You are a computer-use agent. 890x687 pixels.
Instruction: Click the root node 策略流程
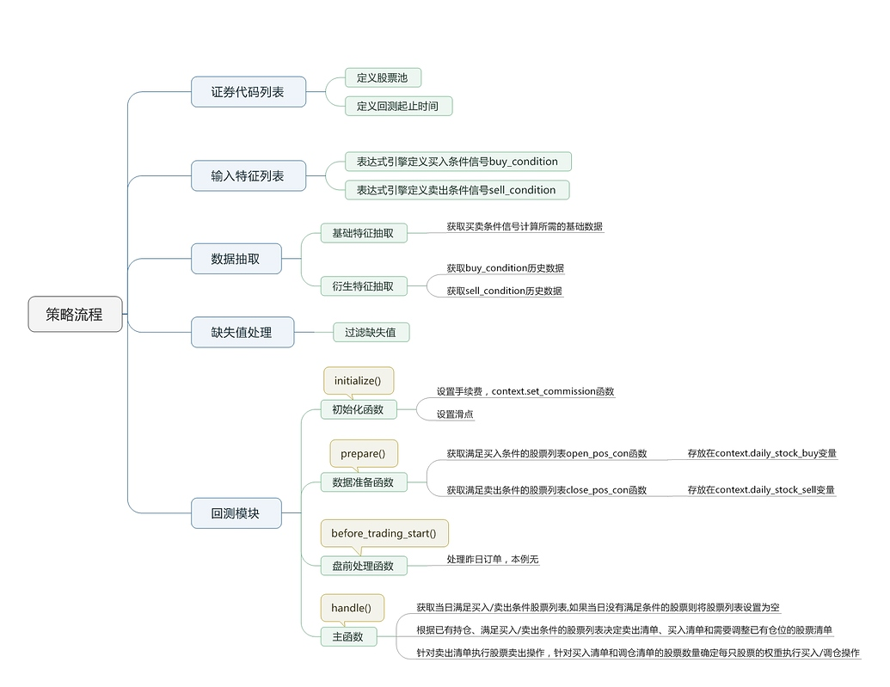(x=75, y=314)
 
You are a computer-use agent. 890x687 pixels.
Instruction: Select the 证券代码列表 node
(x=248, y=92)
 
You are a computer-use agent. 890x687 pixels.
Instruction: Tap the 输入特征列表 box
(x=248, y=176)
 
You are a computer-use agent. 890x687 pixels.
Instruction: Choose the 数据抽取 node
(x=236, y=259)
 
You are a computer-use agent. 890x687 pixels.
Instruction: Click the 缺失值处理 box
(x=242, y=332)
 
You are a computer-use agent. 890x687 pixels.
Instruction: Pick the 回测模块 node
(x=236, y=513)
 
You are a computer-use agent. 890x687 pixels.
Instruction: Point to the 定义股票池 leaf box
(x=384, y=77)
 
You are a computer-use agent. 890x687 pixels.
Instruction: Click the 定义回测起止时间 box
(x=398, y=106)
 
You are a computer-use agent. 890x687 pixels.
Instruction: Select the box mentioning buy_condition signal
(x=458, y=162)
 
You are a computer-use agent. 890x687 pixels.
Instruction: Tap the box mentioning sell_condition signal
(x=457, y=190)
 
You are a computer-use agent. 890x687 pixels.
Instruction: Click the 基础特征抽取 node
(x=364, y=233)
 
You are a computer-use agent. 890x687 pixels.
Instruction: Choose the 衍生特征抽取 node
(x=364, y=286)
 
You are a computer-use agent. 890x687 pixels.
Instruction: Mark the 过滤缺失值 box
(x=371, y=333)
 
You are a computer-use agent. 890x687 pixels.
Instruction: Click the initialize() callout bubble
(x=359, y=381)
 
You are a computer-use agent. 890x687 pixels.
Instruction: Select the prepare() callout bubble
(x=364, y=454)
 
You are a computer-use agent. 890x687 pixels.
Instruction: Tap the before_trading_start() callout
(x=384, y=534)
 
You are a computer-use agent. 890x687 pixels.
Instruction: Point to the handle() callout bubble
(x=353, y=608)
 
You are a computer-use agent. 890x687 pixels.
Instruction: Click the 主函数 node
(x=348, y=637)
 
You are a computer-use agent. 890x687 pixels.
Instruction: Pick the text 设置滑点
(x=455, y=414)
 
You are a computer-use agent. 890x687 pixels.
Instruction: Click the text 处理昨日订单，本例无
(x=493, y=559)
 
